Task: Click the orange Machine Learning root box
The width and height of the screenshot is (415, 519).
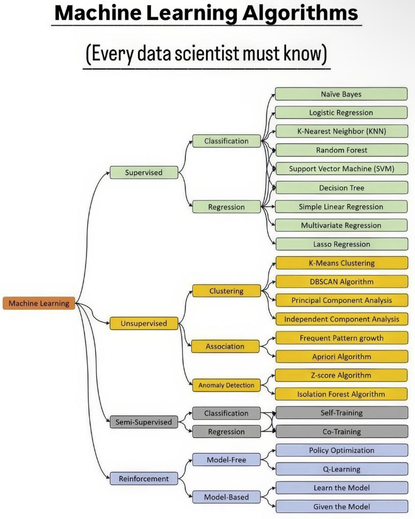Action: point(39,303)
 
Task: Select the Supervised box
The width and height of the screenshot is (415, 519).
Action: point(144,173)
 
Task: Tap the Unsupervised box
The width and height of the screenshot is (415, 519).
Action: point(144,324)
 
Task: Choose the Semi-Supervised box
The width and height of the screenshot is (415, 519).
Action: point(144,422)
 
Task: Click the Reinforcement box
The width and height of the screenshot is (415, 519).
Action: point(144,479)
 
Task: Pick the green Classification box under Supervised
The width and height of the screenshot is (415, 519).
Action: point(227,141)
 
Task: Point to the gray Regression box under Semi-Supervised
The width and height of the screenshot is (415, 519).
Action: point(227,432)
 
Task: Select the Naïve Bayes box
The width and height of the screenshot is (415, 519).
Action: point(342,94)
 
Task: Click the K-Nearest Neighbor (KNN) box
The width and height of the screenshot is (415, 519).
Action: point(342,131)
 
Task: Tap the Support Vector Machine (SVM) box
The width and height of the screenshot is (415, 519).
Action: point(342,169)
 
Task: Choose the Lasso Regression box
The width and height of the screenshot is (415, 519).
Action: point(342,244)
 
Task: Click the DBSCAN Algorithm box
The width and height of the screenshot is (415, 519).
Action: point(342,282)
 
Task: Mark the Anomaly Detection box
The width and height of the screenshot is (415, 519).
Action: point(227,385)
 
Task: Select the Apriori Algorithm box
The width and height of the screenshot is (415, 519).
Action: point(342,356)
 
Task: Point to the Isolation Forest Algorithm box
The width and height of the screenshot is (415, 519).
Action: point(342,395)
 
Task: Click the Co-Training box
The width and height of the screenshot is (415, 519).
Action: point(342,432)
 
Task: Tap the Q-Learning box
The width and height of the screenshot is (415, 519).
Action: point(342,469)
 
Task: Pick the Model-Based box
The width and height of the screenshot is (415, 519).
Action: point(227,497)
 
